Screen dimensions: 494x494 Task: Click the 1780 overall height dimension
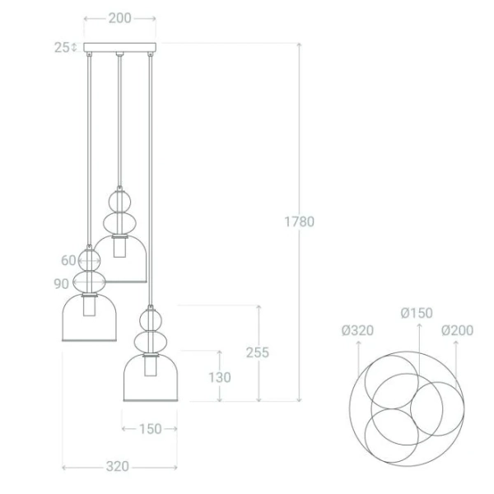pos(299,221)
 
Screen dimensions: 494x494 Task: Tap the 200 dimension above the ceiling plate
pos(119,18)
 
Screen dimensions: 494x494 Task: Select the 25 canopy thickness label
pos(62,48)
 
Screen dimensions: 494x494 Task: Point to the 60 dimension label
pos(68,261)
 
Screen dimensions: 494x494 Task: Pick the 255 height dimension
pos(258,352)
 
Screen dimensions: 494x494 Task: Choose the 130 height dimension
pos(220,377)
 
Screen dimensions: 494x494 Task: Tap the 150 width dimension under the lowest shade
pos(150,429)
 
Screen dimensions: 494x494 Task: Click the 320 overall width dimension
pos(118,467)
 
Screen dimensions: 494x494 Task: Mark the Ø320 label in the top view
pos(357,331)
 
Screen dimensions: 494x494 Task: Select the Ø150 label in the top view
pos(417,313)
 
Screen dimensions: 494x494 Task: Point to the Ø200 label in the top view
pos(457,331)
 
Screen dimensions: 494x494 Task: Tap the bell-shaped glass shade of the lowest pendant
pos(151,380)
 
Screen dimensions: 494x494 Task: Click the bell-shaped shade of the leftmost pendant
pos(88,321)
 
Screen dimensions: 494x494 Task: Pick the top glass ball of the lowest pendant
pos(150,317)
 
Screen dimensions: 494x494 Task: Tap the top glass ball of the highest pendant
pos(119,200)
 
